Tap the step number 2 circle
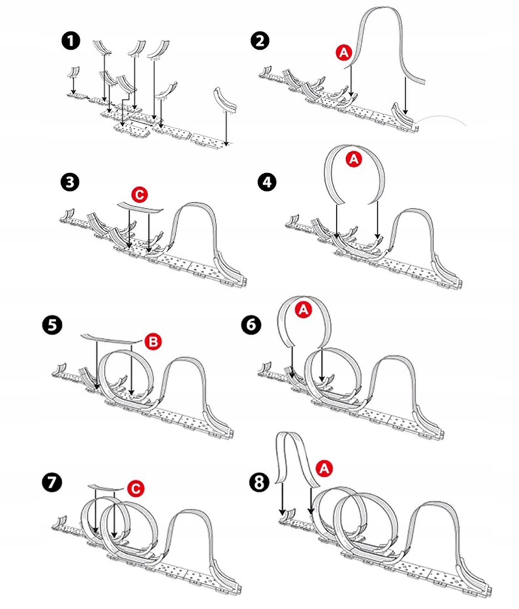coord(260,41)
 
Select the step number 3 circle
coord(71,182)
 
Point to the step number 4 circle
coord(267,182)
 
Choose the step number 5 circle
coord(53,325)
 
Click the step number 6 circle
coord(251,325)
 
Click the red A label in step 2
coord(344,53)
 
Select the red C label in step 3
coord(139,195)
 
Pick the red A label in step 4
coord(354,159)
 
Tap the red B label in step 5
coord(153,342)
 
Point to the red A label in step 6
coord(304,310)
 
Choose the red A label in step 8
coord(324,469)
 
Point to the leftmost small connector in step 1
coord(73,72)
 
